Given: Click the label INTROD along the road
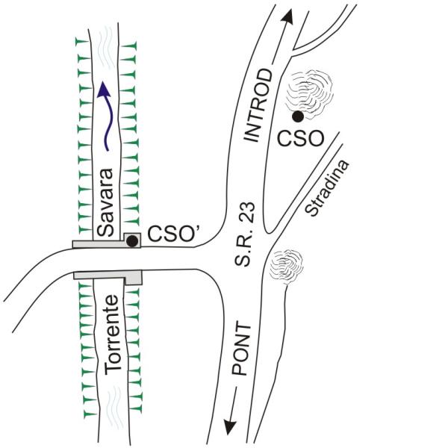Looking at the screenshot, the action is pyautogui.click(x=258, y=105).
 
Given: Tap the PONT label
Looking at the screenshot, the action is pyautogui.click(x=241, y=349).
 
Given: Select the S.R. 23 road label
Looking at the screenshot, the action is pyautogui.click(x=244, y=234).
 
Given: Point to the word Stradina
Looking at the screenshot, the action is pyautogui.click(x=327, y=188).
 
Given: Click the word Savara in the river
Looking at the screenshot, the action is pyautogui.click(x=105, y=202).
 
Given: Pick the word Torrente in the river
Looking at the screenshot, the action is pyautogui.click(x=112, y=335).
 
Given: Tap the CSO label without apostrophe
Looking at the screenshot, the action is pyautogui.click(x=301, y=139).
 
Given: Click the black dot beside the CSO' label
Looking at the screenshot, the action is pyautogui.click(x=132, y=241).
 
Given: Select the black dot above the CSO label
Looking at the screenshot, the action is pyautogui.click(x=298, y=116).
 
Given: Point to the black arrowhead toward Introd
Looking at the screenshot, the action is pyautogui.click(x=287, y=16).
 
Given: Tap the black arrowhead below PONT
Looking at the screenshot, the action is pyautogui.click(x=230, y=426).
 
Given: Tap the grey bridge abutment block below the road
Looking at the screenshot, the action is pyautogui.click(x=134, y=277).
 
